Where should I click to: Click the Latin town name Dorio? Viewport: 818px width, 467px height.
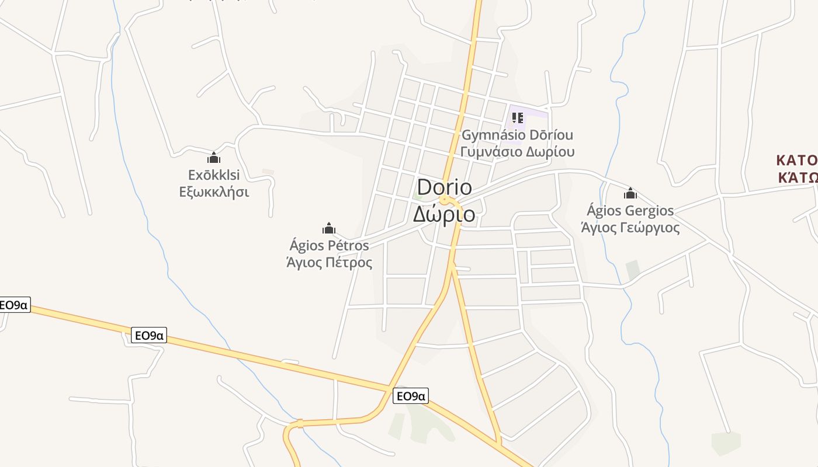(x=444, y=187)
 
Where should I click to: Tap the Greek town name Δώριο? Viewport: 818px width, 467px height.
(x=444, y=214)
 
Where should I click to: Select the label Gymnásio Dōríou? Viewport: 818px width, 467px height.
(x=517, y=135)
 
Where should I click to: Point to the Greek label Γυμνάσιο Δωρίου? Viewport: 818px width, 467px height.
(x=517, y=152)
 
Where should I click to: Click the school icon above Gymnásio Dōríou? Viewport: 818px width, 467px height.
(x=517, y=118)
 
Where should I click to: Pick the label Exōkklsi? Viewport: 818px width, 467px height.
(x=214, y=175)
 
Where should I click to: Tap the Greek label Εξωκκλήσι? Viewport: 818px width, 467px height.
(x=214, y=192)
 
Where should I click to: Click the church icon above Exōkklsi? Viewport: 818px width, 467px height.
(x=214, y=158)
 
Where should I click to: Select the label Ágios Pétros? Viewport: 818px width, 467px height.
(x=329, y=245)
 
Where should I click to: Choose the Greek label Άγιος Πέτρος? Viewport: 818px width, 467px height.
(x=329, y=262)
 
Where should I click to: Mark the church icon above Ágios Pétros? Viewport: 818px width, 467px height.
(x=329, y=228)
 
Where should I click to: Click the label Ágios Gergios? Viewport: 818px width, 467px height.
(x=630, y=211)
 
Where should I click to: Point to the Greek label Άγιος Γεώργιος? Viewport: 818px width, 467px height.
(x=630, y=227)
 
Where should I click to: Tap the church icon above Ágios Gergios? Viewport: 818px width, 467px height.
(x=630, y=193)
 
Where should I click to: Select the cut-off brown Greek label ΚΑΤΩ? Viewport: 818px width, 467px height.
(x=798, y=177)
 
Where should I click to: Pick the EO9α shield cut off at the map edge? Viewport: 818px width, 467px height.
(x=14, y=305)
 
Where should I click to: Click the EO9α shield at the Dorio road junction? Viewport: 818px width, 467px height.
(x=411, y=396)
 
